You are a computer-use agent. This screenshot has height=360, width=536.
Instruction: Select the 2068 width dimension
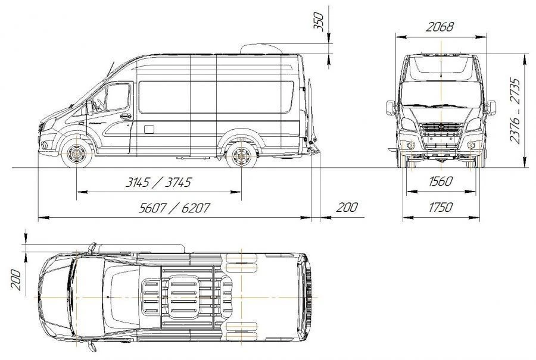click(440, 27)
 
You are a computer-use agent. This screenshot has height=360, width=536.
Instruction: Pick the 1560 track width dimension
click(440, 181)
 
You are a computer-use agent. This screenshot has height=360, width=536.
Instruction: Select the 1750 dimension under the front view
click(440, 207)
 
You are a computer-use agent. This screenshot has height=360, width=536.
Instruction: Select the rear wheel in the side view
click(241, 156)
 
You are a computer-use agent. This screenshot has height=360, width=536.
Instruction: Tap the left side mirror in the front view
click(390, 108)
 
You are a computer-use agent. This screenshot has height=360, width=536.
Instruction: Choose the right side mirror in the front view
click(491, 108)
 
